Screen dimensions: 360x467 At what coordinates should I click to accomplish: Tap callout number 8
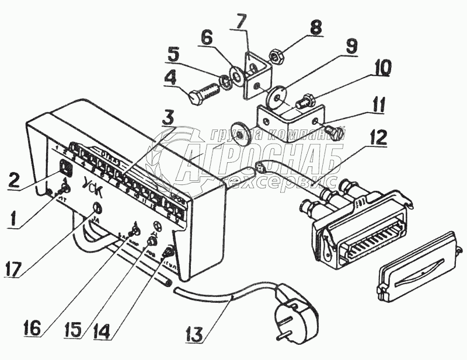pyautogui.click(x=316, y=27)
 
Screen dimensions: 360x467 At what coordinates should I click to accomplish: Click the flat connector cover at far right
pyautogui.click(x=416, y=267)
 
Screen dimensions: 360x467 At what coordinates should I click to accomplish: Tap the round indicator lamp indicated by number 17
pyautogui.click(x=97, y=208)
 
